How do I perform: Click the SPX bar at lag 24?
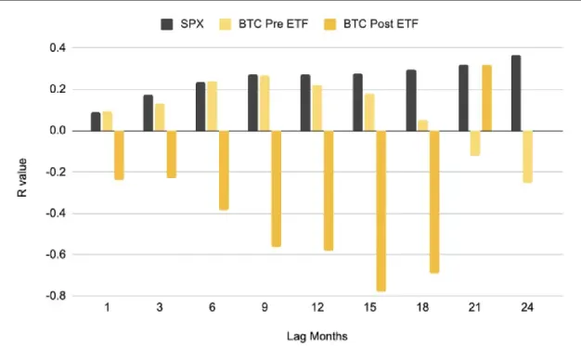coord(515,93)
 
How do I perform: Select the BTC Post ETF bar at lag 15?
coord(381,211)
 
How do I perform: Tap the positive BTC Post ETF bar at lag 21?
coord(485,97)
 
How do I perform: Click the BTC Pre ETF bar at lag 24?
coord(526,156)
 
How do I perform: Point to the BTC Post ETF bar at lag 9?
coord(276,188)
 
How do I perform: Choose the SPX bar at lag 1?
coord(96,122)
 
